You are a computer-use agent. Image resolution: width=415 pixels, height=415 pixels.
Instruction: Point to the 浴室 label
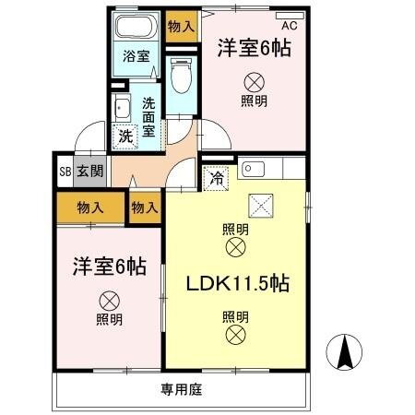(136, 56)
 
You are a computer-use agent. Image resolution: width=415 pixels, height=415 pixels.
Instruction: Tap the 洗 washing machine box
(125, 136)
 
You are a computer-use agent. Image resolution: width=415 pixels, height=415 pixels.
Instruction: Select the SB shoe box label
(65, 172)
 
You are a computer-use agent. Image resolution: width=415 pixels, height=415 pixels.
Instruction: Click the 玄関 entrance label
(89, 172)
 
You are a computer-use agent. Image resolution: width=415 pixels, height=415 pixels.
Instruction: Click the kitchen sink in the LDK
(253, 171)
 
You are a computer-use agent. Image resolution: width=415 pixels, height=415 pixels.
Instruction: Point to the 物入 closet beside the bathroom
(181, 26)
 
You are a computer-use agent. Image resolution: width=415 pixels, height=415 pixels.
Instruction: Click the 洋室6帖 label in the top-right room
(255, 49)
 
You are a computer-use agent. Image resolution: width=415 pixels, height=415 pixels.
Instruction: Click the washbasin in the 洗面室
(121, 108)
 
